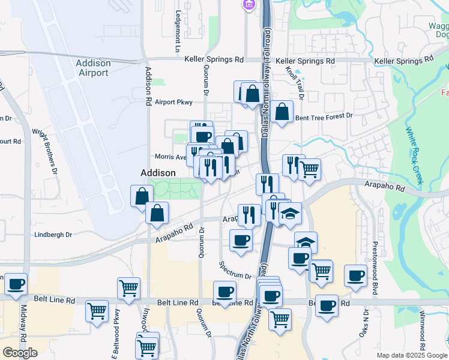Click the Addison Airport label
pyautogui.click(x=94, y=68)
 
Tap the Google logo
pyautogui.click(x=20, y=353)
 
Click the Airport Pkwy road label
pyautogui.click(x=173, y=102)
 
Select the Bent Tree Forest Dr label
pyautogui.click(x=324, y=115)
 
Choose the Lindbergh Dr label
pyautogui.click(x=53, y=235)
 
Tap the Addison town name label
pyautogui.click(x=158, y=173)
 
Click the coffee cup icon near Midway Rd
pyautogui.click(x=16, y=284)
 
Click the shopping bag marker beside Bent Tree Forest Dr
pyautogui.click(x=282, y=112)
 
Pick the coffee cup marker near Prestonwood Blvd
pyautogui.click(x=355, y=276)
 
